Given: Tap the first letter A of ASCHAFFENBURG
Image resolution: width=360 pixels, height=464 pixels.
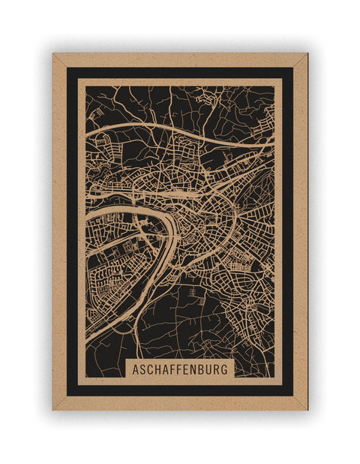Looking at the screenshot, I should [136, 369].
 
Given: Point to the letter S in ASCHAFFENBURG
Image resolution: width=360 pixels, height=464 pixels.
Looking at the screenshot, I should [143, 369].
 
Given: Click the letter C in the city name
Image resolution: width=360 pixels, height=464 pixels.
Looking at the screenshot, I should [151, 369].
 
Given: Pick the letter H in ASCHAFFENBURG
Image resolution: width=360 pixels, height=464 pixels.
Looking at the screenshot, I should [158, 369].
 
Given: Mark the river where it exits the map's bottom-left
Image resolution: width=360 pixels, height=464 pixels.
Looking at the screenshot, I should [88, 339].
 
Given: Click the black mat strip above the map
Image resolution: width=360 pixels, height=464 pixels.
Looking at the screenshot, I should [180, 73].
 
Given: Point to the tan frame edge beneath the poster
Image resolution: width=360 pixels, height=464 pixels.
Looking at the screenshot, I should [180, 403].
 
